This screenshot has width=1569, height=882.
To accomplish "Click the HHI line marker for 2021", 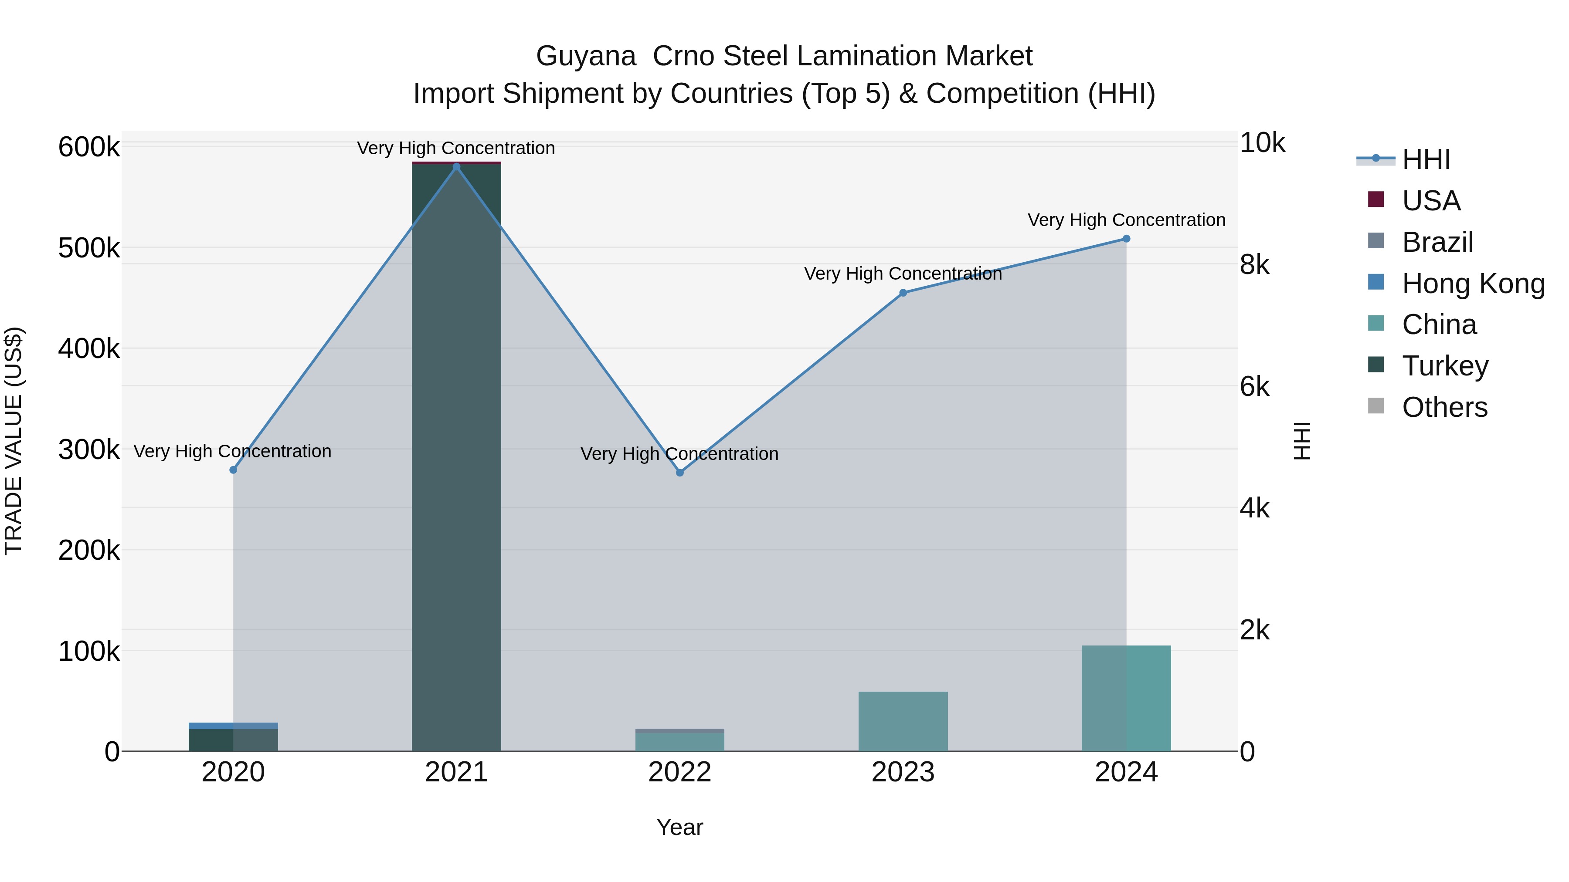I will (456, 167).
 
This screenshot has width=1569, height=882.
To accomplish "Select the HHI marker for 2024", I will (1126, 239).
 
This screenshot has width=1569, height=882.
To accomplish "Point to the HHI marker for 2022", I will (680, 472).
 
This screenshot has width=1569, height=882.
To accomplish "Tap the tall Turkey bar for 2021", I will (456, 456).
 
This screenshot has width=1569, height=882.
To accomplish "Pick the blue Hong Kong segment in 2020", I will (233, 726).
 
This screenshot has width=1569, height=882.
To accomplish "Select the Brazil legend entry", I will (1437, 242).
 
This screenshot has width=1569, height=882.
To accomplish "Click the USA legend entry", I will (1431, 201).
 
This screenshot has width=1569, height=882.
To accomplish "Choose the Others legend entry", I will (1444, 407).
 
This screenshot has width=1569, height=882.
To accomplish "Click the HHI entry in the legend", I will (1425, 159).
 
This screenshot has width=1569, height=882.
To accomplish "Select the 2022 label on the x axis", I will (680, 772).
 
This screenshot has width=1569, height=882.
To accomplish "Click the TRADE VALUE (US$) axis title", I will (14, 441).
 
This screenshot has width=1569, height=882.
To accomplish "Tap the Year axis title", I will (680, 827).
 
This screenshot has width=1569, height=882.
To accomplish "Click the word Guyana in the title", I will (585, 56).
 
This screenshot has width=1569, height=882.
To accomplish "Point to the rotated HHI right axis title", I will (1301, 441).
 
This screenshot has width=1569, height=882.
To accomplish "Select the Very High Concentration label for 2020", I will (233, 451).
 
